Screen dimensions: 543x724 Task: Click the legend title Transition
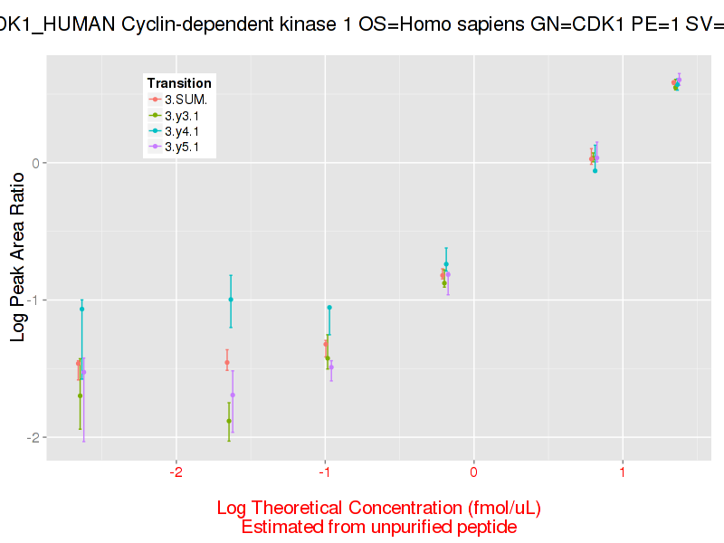click(179, 83)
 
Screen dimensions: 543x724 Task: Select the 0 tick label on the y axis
click(37, 163)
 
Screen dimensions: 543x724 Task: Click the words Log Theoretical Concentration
click(329, 507)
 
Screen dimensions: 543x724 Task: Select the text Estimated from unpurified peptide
click(379, 526)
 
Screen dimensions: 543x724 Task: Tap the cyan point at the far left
click(81, 309)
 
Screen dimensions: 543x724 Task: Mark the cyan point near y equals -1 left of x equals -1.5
click(231, 300)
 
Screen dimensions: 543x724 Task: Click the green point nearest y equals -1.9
click(228, 421)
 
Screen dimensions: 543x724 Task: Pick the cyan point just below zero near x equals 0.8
click(595, 170)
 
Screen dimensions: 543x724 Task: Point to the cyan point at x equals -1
click(329, 308)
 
